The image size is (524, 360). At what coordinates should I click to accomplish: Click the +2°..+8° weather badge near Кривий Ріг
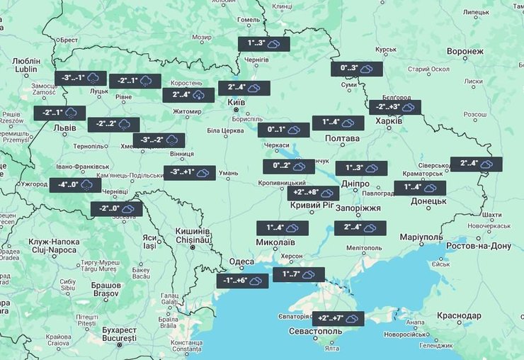click(313, 193)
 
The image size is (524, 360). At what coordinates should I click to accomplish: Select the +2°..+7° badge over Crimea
click(338, 319)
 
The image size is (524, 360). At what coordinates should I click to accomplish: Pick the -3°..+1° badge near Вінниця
click(189, 172)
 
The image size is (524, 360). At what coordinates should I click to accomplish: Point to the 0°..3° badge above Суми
click(356, 69)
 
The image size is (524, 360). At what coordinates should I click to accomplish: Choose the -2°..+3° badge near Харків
click(394, 107)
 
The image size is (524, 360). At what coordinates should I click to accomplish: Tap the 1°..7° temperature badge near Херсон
click(298, 274)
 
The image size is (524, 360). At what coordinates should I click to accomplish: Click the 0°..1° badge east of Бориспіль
click(283, 130)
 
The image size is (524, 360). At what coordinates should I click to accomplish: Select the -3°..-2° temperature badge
click(159, 140)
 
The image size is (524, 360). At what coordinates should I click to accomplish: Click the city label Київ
click(235, 103)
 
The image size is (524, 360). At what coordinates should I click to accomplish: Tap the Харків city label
click(388, 121)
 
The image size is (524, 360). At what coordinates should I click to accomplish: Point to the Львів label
click(66, 128)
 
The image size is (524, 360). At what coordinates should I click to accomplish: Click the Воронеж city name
click(465, 52)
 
